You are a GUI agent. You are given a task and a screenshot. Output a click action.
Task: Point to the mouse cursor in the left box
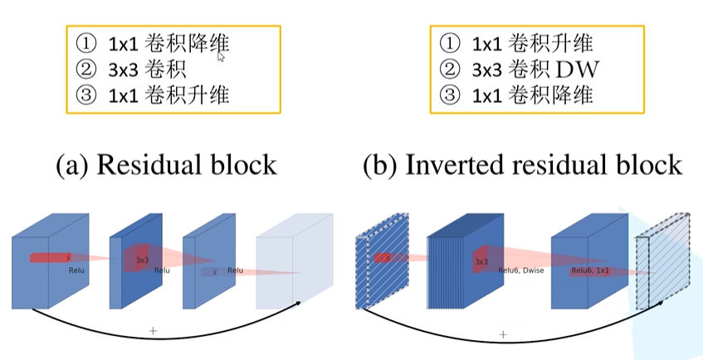(221, 56)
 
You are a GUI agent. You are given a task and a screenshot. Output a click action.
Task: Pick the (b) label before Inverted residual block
(381, 164)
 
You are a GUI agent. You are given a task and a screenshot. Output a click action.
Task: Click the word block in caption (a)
(245, 164)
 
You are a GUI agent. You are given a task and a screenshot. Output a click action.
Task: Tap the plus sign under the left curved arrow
(153, 330)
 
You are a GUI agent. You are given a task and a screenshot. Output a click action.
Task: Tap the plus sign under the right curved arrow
(502, 333)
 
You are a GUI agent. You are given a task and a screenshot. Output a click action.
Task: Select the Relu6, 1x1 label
(591, 270)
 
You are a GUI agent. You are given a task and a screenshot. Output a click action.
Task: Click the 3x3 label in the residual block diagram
(142, 260)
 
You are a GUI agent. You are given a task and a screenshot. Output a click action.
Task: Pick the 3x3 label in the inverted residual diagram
(481, 260)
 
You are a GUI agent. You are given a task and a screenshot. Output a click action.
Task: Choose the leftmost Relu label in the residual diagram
(77, 269)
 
